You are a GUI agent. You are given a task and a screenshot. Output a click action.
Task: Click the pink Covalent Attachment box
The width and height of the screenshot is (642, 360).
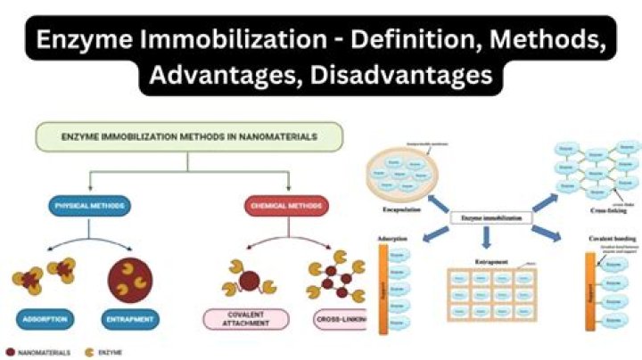(x=246, y=318)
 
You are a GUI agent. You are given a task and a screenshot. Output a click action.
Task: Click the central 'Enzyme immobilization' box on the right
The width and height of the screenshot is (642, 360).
(x=490, y=217)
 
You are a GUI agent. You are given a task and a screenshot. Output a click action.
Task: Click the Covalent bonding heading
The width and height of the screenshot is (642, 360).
(x=603, y=240)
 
